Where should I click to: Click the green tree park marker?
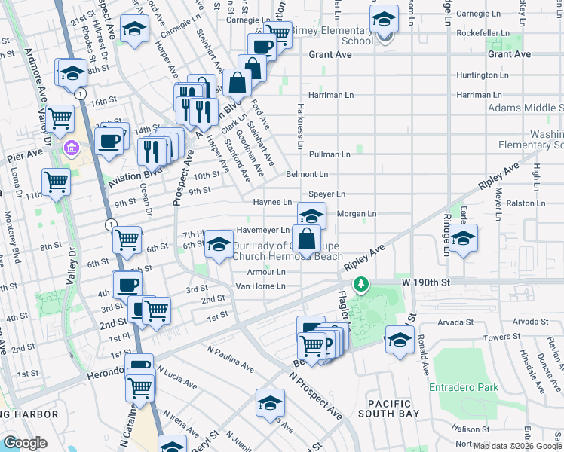pyautogui.click(x=363, y=283)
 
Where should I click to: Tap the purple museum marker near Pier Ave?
pyautogui.click(x=72, y=146)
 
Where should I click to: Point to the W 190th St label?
pyautogui.click(x=425, y=281)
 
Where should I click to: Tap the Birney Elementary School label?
pyautogui.click(x=332, y=35)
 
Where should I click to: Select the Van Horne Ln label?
pyautogui.click(x=260, y=286)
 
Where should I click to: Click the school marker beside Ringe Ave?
pyautogui.click(x=464, y=237)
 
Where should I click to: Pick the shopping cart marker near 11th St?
pyautogui.click(x=57, y=181)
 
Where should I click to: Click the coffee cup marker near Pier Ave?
pyautogui.click(x=109, y=140)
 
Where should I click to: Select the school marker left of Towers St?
pyautogui.click(x=400, y=339)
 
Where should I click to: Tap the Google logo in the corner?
pyautogui.click(x=24, y=443)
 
